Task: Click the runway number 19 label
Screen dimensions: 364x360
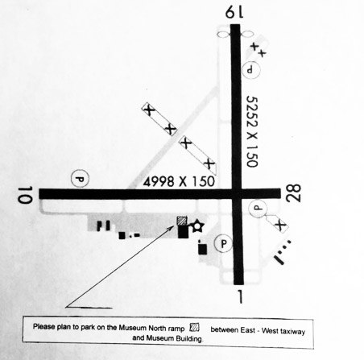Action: pyautogui.click(x=234, y=12)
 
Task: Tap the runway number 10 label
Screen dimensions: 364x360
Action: pyautogui.click(x=25, y=195)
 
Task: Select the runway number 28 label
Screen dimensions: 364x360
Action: pyautogui.click(x=293, y=192)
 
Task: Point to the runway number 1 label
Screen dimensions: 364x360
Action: pyautogui.click(x=240, y=296)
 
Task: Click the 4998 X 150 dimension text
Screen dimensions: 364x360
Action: pyautogui.click(x=179, y=182)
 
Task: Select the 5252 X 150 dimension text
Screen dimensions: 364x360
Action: pyautogui.click(x=252, y=131)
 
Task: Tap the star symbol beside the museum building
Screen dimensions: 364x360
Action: pyautogui.click(x=197, y=226)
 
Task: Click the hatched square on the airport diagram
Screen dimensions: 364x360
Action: pyautogui.click(x=182, y=221)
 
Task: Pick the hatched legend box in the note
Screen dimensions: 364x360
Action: pyautogui.click(x=194, y=328)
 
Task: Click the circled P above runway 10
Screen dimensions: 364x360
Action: pyautogui.click(x=80, y=178)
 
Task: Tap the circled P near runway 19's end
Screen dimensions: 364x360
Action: pyautogui.click(x=251, y=70)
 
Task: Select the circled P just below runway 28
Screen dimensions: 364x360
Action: pyautogui.click(x=258, y=209)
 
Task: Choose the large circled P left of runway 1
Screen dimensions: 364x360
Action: pyautogui.click(x=223, y=243)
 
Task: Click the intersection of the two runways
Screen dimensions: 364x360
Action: pyautogui.click(x=237, y=194)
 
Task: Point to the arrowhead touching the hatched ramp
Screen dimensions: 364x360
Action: pyautogui.click(x=172, y=227)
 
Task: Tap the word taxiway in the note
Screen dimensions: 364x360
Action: pyautogui.click(x=293, y=331)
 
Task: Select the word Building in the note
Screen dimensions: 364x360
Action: pyautogui.click(x=189, y=338)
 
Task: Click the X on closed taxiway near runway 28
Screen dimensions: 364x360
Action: pyautogui.click(x=281, y=225)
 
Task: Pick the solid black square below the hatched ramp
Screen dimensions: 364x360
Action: pyautogui.click(x=183, y=231)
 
